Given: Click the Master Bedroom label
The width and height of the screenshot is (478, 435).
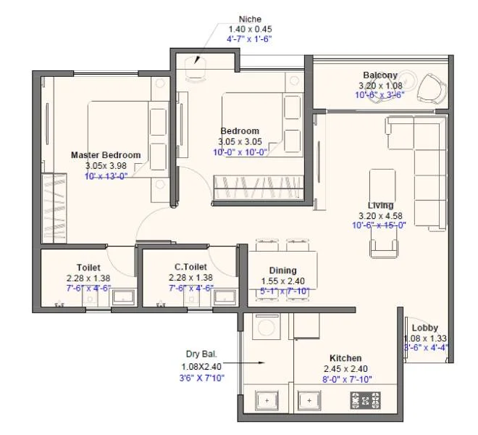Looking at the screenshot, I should (106, 155).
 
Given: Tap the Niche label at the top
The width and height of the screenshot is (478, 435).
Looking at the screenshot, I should (249, 19).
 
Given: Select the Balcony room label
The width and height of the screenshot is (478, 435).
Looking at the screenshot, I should (380, 75).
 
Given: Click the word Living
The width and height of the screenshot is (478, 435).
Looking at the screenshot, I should (380, 205).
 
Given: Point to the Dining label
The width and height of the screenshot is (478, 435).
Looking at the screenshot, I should (282, 270).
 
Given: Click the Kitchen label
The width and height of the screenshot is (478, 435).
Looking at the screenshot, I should (345, 358).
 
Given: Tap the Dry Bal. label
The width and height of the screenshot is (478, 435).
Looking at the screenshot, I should (201, 355).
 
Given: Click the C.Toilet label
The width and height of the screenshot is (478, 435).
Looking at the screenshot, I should (190, 267).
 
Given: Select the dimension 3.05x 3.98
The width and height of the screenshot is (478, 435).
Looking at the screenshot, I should (106, 165).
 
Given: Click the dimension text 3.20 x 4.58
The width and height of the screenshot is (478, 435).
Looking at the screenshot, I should (380, 215).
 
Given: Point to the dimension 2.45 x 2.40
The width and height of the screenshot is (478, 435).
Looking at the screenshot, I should (345, 368).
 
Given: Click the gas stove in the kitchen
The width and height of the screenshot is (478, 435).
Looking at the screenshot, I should (366, 400).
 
